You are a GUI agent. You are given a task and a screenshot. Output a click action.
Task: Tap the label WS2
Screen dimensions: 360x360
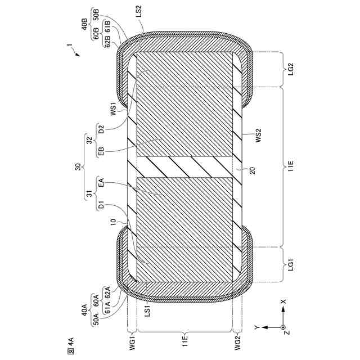(x=258, y=136)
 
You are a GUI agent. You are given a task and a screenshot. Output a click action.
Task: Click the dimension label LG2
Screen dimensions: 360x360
(x=291, y=69)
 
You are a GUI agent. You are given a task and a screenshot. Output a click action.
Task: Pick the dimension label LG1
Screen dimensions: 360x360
(x=291, y=264)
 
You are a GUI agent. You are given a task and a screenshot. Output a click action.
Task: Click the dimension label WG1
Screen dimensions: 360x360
(x=132, y=343)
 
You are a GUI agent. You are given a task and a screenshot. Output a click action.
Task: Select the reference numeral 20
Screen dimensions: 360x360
(x=252, y=170)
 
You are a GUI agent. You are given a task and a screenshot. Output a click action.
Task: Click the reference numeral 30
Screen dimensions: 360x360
(x=78, y=166)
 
